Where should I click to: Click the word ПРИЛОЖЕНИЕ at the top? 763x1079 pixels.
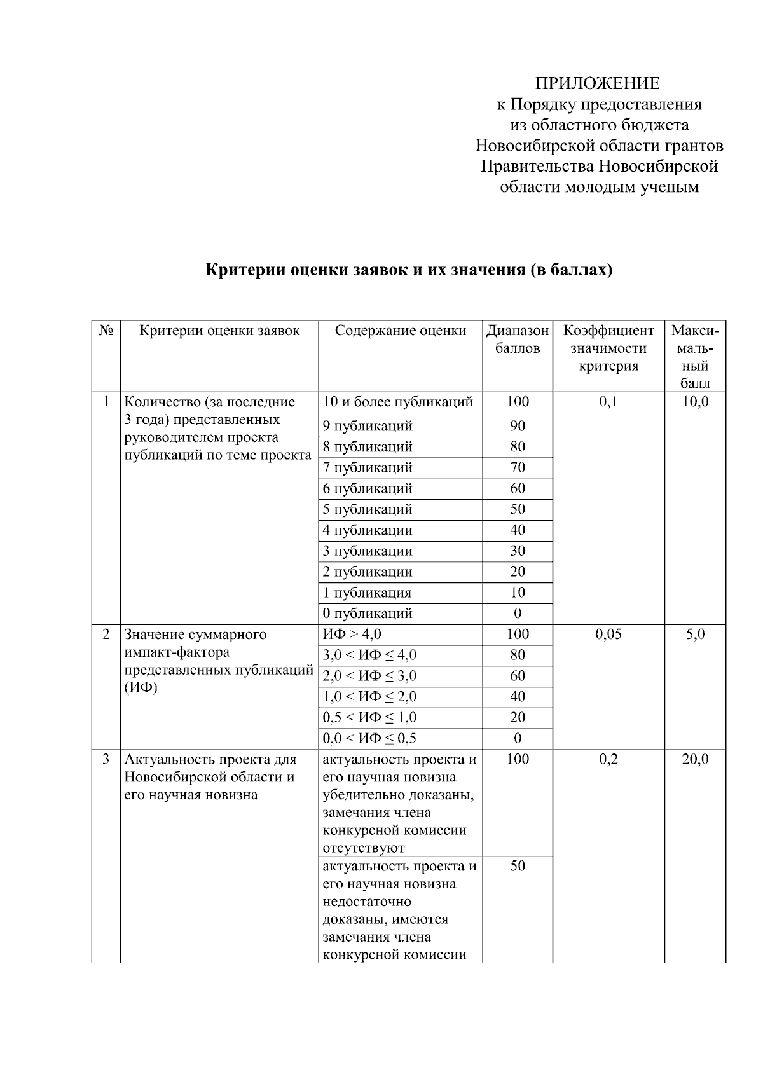coord(597,83)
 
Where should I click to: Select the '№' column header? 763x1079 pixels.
coord(106,331)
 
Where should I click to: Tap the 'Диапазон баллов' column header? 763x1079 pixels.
coord(517,340)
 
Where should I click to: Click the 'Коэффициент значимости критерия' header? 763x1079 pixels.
coord(608,348)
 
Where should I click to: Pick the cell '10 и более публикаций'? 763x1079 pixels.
coord(398,402)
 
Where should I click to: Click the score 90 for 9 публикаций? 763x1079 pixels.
coord(518,426)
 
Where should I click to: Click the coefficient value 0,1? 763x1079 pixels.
coord(608,402)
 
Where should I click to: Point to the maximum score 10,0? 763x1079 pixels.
coord(695,402)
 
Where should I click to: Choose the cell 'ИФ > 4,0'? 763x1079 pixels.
coord(352,635)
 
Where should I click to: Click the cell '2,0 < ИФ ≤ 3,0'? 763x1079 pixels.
coord(369,676)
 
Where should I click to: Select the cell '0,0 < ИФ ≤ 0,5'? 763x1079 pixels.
coord(369,738)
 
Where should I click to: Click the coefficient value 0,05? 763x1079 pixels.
coord(608,635)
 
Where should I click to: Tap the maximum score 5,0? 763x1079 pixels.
coord(695,635)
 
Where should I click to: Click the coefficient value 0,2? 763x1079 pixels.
coord(608,759)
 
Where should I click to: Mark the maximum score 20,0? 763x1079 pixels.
coord(695,759)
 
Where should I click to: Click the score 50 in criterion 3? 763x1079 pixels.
coord(518,866)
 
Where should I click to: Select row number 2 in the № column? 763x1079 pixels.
coord(106,635)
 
